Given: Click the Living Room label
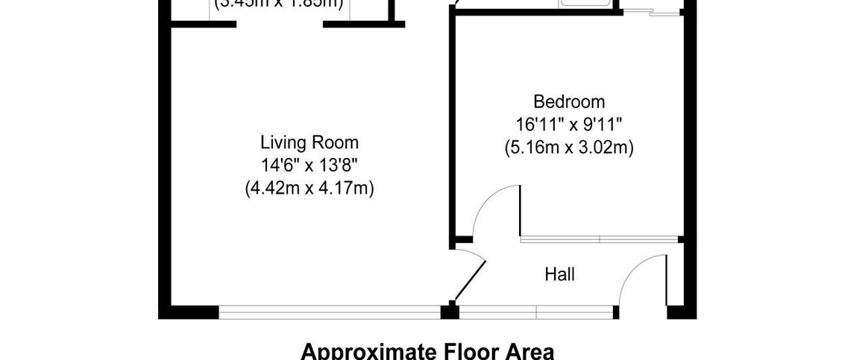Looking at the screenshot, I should [x=309, y=142].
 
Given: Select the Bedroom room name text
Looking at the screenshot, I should [x=568, y=101].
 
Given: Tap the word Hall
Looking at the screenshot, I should [x=559, y=275].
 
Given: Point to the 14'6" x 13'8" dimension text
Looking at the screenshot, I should [x=309, y=165].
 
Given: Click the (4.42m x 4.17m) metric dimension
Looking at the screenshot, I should [x=309, y=189].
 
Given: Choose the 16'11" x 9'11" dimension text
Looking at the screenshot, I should [x=568, y=124].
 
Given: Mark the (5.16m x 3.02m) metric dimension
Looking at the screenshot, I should [x=568, y=148].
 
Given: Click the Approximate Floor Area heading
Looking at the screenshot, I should [x=427, y=351].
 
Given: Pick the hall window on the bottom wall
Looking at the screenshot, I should [x=537, y=312].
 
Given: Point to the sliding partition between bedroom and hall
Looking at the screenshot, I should [x=600, y=239].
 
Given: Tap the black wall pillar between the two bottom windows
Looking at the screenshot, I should [x=450, y=311].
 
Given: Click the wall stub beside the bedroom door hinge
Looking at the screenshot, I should [x=462, y=240].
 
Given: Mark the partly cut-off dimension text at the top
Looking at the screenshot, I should [x=279, y=4].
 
